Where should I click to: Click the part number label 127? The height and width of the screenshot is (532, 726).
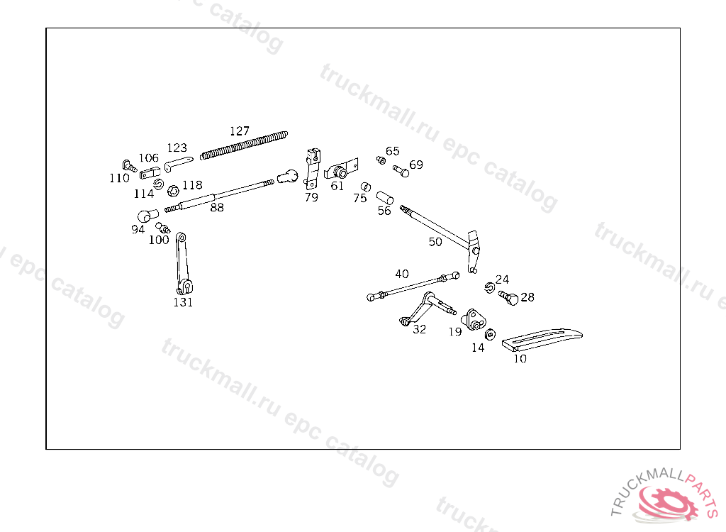pyautogui.click(x=240, y=131)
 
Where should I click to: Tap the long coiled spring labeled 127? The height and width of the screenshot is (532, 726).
pyautogui.click(x=245, y=144)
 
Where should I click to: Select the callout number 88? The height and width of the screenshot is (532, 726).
pyautogui.click(x=217, y=207)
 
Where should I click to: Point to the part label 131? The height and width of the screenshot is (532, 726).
pyautogui.click(x=183, y=302)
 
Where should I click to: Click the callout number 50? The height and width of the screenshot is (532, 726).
pyautogui.click(x=435, y=242)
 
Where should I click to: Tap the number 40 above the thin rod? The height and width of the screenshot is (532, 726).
pyautogui.click(x=402, y=274)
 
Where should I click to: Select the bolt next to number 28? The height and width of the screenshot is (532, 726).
pyautogui.click(x=507, y=297)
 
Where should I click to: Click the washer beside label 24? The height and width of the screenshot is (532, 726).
pyautogui.click(x=490, y=287)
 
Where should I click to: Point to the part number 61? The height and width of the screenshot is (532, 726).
pyautogui.click(x=337, y=186)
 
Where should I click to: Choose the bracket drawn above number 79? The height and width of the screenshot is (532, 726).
pyautogui.click(x=311, y=167)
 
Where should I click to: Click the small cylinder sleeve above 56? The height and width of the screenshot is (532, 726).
pyautogui.click(x=385, y=195)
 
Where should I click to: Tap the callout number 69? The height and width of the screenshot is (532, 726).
pyautogui.click(x=416, y=165)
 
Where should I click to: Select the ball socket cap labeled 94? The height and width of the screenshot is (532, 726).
pyautogui.click(x=147, y=215)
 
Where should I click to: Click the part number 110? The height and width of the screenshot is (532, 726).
pyautogui.click(x=119, y=178)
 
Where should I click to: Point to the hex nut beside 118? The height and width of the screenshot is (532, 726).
pyautogui.click(x=172, y=189)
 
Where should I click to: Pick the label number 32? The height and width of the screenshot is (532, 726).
pyautogui.click(x=420, y=329)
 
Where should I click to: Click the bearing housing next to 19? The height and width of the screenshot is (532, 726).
pyautogui.click(x=473, y=320)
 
